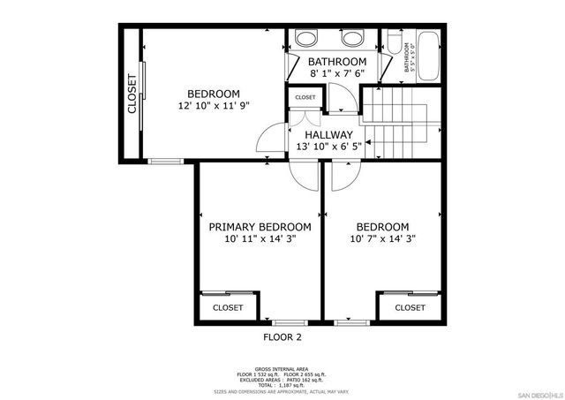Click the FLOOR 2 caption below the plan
point(282,337)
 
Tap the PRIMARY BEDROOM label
point(260,226)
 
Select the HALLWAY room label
point(328,135)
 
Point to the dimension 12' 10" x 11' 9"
point(214,105)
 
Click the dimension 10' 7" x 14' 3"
point(382,238)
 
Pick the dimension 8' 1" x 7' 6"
point(336,74)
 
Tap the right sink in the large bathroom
point(354,38)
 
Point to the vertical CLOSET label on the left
point(132,94)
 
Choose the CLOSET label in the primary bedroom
point(228,308)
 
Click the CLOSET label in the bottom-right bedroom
point(410,308)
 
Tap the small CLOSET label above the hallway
point(305,97)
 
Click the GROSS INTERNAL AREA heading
point(282,367)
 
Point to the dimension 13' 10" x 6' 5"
point(328,147)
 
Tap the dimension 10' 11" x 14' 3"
point(260,238)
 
